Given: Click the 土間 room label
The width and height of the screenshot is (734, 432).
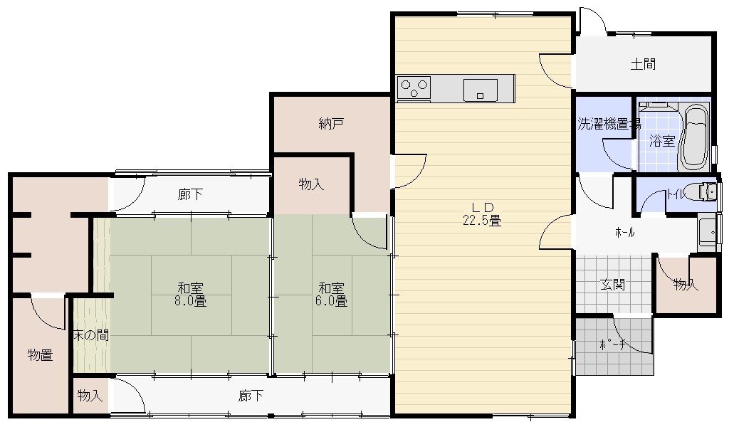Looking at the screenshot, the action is click(643, 64).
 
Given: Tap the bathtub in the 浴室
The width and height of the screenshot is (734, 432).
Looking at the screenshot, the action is click(695, 137).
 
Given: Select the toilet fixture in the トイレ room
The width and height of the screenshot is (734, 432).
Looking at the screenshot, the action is click(706, 191).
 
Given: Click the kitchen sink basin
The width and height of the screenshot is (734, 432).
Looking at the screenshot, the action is click(481, 90).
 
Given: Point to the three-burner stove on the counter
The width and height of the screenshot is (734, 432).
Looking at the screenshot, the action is click(414, 88).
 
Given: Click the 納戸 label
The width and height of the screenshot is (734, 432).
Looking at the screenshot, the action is click(332, 124).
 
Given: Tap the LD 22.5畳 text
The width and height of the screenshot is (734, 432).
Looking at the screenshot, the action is click(482, 214).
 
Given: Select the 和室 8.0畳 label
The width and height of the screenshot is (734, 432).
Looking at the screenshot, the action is click(191, 295).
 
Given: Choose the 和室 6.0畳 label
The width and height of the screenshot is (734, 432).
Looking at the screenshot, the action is click(332, 295).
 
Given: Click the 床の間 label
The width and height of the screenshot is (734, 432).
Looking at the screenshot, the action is click(91, 335).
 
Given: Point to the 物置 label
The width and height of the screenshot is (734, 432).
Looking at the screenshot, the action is click(41, 355).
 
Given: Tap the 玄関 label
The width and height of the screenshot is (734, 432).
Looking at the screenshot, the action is click(613, 285).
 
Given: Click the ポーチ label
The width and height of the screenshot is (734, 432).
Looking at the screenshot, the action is click(613, 345).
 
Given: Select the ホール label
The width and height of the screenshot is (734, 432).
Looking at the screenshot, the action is click(625, 232).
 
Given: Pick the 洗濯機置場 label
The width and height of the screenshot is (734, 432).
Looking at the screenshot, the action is click(609, 124).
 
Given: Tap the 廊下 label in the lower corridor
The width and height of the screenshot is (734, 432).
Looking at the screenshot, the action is click(251, 396).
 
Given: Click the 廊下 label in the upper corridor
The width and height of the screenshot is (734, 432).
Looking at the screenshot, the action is click(191, 194).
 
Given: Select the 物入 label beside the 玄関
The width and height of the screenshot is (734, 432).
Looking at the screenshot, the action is click(686, 284).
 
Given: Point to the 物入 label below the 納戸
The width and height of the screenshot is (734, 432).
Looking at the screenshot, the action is click(311, 184).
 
